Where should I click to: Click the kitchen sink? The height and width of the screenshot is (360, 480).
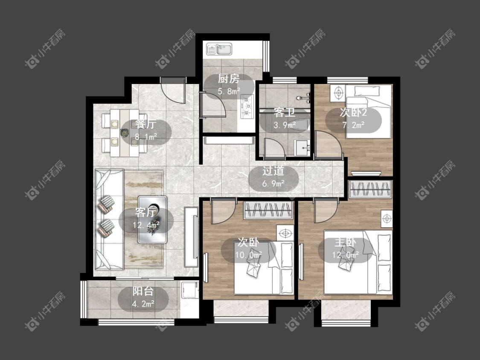tap(219, 49)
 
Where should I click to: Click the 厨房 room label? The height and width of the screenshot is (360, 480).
tap(229, 79)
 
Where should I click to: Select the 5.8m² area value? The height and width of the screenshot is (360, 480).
tap(229, 91)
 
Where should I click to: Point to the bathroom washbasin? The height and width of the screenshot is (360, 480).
tap(302, 148)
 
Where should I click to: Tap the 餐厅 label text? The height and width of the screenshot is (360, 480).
tap(146, 124)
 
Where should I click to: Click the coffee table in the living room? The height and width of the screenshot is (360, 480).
tap(152, 220)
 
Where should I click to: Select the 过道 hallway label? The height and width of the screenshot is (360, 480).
tap(273, 171)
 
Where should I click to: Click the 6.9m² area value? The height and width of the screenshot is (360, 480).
tap(273, 183)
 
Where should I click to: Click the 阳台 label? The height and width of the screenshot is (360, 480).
tap(143, 291)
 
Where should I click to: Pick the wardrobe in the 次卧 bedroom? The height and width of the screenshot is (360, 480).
tap(268, 210)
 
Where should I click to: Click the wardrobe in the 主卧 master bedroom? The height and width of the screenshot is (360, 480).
tap(371, 189)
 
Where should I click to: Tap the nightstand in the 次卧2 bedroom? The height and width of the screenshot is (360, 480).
tap(337, 93)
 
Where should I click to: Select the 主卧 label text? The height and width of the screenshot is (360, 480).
tap(345, 242)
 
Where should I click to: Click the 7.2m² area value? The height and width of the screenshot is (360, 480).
tap(353, 125)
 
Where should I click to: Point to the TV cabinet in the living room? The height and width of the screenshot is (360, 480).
tap(191, 237)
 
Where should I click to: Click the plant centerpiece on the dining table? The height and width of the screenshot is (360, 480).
tap(124, 133)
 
